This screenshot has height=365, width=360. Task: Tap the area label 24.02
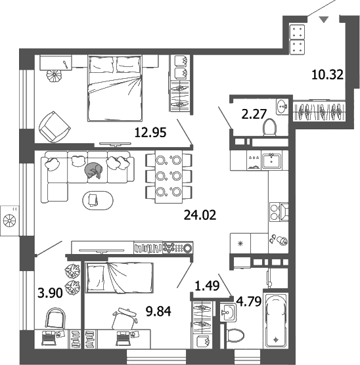pos(200,213)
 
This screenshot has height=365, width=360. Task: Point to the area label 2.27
pos(253,114)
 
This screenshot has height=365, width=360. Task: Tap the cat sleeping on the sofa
pos(93,171)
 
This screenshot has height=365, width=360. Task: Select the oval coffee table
pos(95,199)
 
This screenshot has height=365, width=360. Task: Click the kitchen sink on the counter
pos(271,159)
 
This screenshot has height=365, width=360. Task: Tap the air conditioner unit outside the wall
pos(11,219)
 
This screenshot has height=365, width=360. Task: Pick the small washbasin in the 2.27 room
pos(282,105)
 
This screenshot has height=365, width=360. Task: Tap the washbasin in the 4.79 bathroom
pos(229,311)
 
